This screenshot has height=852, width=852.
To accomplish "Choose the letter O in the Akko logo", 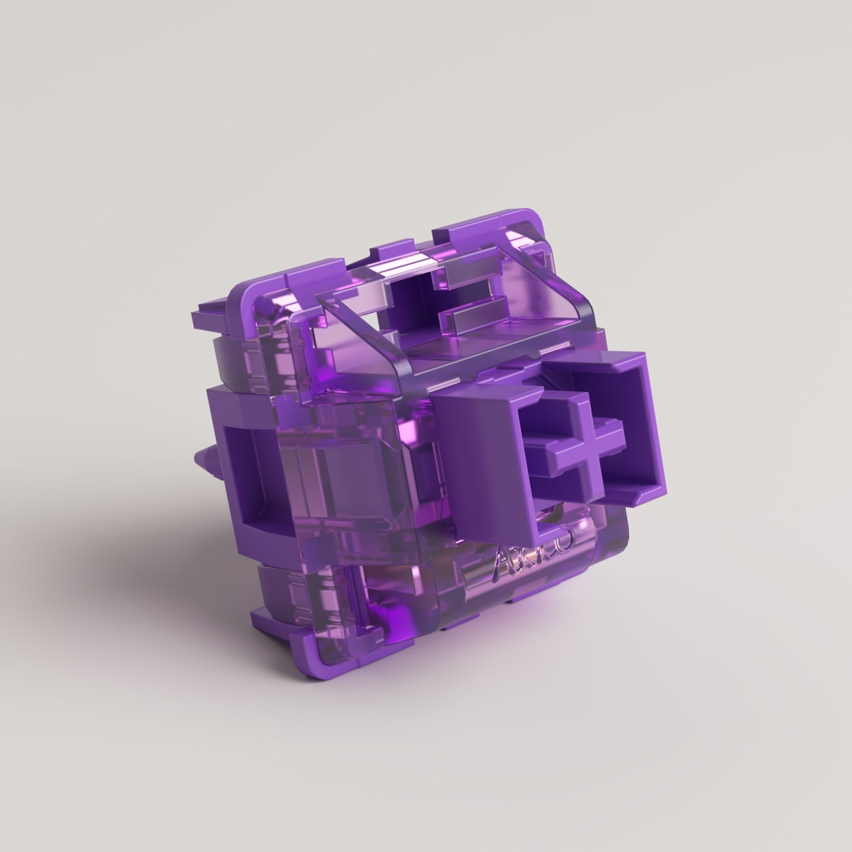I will pyautogui.click(x=568, y=537).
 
